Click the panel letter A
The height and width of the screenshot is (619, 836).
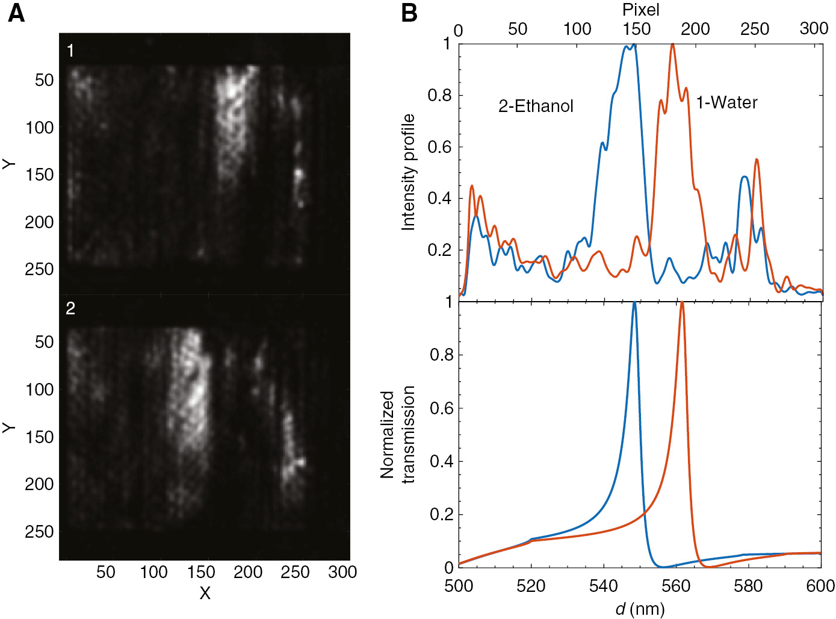tap(16, 13)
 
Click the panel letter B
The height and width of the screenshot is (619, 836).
tap(409, 13)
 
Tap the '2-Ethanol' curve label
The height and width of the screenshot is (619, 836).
tap(536, 106)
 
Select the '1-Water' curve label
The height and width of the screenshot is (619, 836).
tap(726, 102)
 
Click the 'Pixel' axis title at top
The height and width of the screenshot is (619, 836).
tap(640, 10)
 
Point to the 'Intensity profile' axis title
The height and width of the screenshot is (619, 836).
tap(409, 172)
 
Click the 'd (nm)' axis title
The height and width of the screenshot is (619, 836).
tap(640, 609)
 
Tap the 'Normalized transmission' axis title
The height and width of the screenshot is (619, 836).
tap(398, 435)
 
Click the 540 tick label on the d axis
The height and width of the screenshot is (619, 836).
tap(604, 586)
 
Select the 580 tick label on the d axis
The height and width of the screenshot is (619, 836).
tap(748, 586)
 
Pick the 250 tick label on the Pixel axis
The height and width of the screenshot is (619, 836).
tap(755, 29)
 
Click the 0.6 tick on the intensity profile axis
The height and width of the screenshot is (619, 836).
tap(439, 147)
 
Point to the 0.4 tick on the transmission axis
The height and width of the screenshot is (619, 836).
tap(441, 462)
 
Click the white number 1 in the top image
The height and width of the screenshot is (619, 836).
tap(70, 51)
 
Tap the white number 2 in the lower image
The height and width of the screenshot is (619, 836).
tap(70, 308)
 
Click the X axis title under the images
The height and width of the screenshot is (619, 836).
tap(205, 594)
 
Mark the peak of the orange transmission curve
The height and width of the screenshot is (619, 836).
tap(682, 303)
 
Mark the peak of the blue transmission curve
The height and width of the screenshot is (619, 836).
tap(634, 303)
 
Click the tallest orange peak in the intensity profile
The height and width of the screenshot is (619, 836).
tap(672, 45)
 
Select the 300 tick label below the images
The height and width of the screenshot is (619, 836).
tap(342, 572)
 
